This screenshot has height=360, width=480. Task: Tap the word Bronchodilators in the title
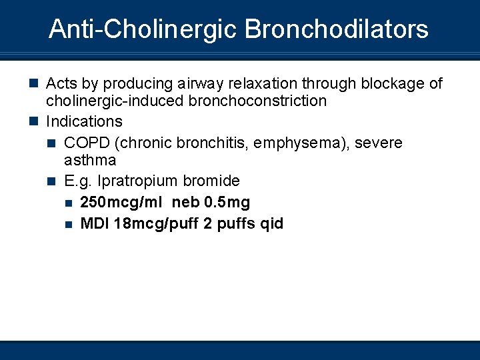point(337,29)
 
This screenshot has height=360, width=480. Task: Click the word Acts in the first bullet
point(61,83)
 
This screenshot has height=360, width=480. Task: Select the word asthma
point(90,160)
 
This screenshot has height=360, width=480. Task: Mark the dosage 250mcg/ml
point(122,202)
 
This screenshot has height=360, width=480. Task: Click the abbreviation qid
point(272,223)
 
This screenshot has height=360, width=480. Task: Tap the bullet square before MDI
point(69,224)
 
